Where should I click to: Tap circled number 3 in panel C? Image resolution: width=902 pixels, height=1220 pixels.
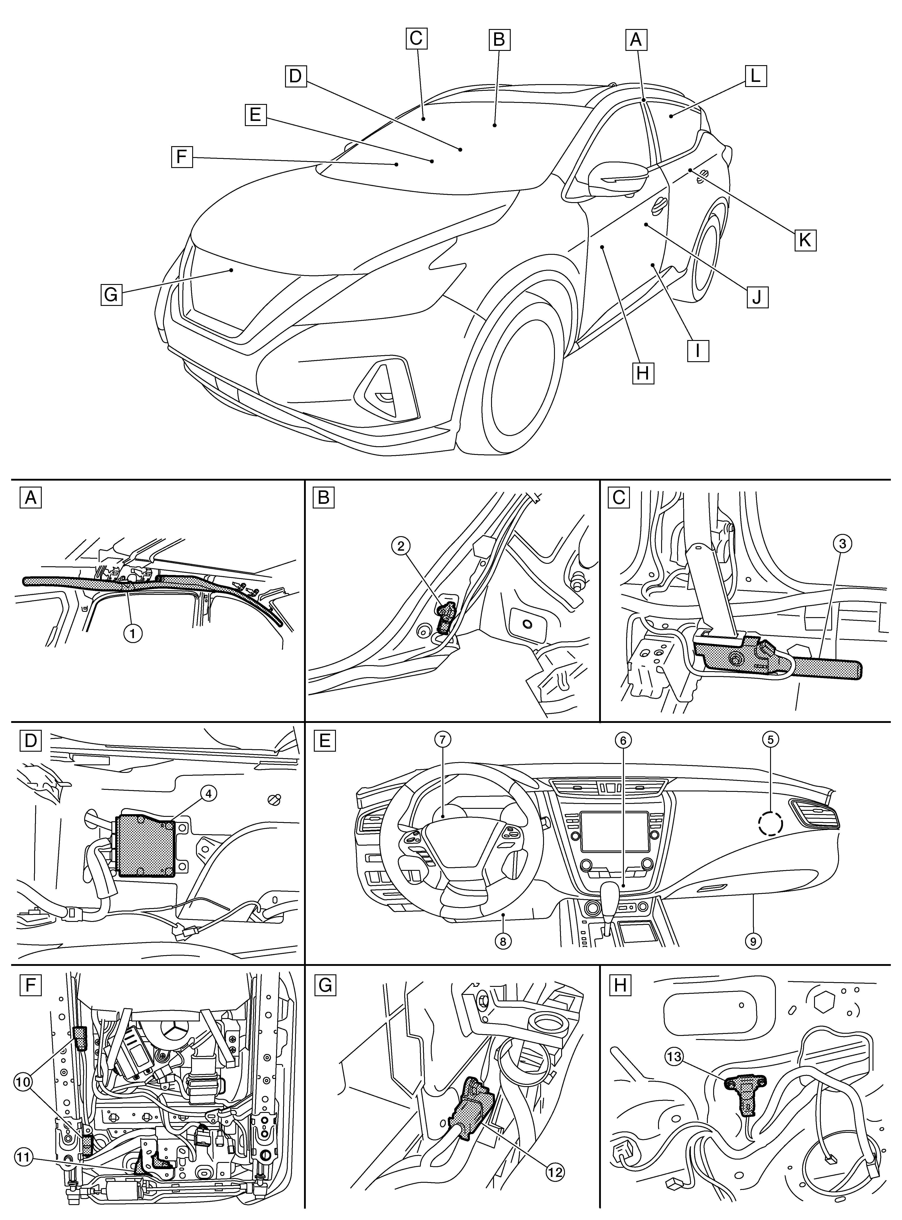point(842,543)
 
